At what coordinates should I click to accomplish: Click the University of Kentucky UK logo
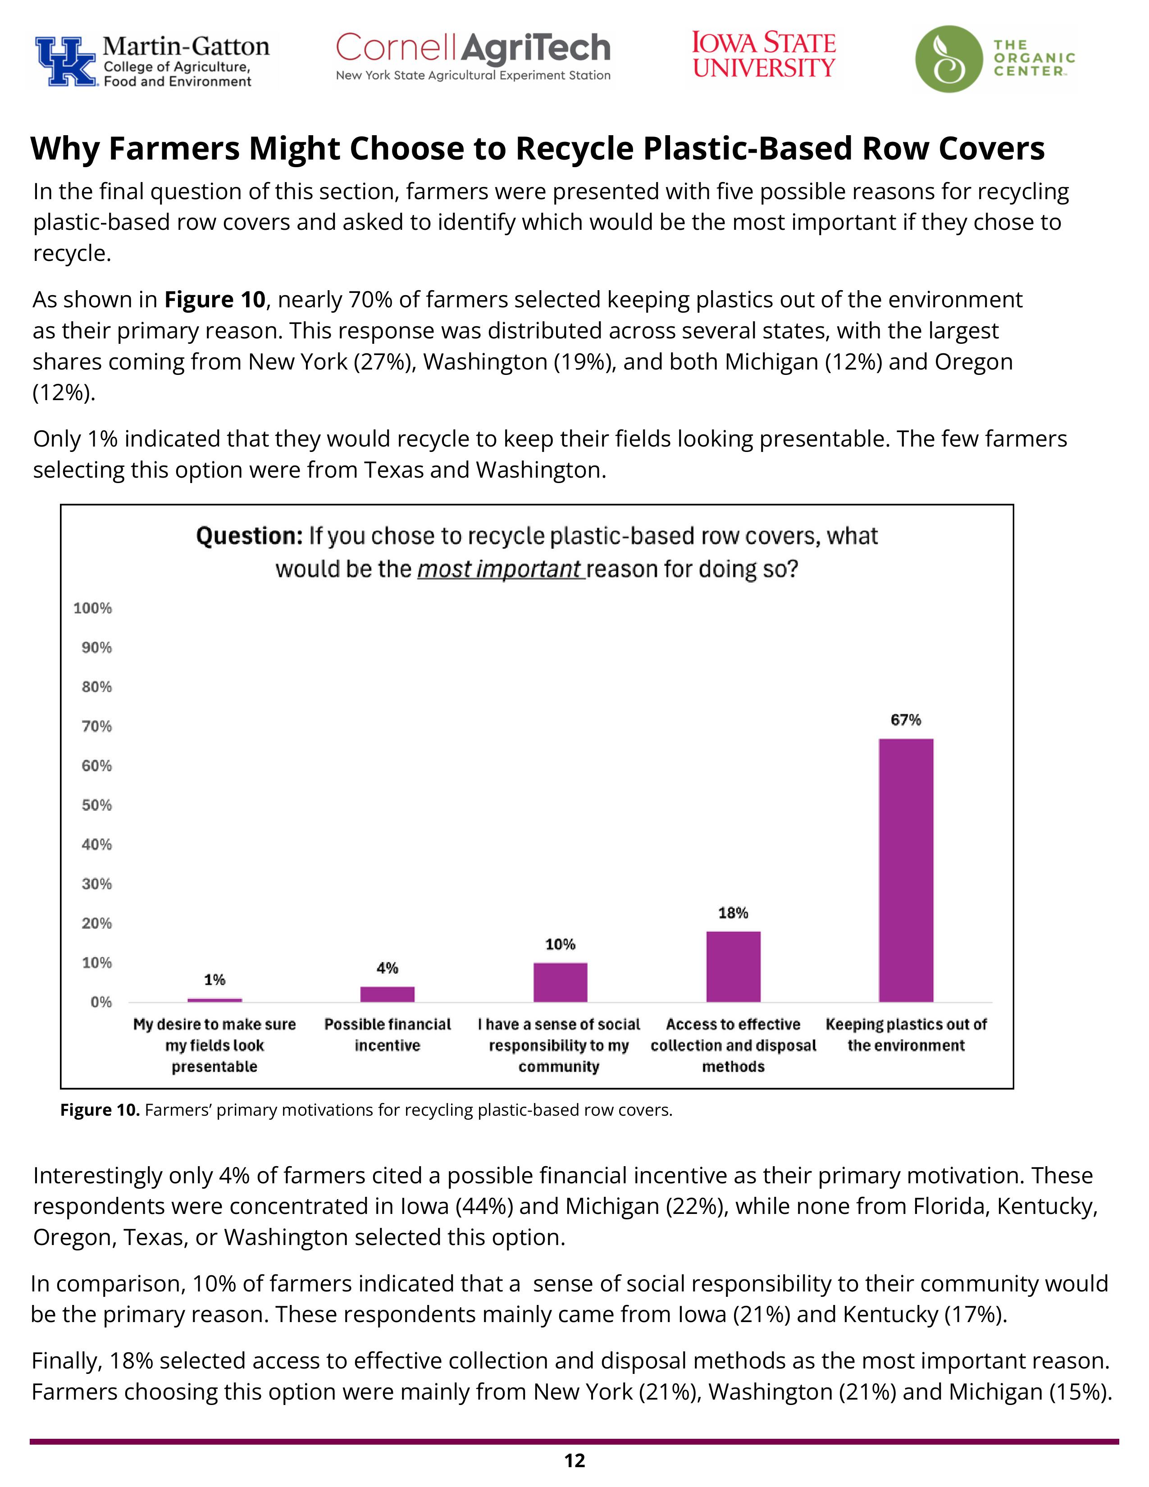[66, 61]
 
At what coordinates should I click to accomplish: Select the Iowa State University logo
[764, 55]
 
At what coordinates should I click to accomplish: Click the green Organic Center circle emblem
[949, 59]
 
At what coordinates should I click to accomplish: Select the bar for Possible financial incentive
[388, 994]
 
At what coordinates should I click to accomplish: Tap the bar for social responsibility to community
[560, 982]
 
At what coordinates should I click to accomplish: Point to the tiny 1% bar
[214, 999]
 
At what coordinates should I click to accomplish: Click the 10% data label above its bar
[560, 944]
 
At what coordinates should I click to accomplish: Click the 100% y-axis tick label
[92, 608]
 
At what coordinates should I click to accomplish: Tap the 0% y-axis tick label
[101, 1002]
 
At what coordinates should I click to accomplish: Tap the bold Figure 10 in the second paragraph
[214, 300]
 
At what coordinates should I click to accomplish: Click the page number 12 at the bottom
[574, 1460]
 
